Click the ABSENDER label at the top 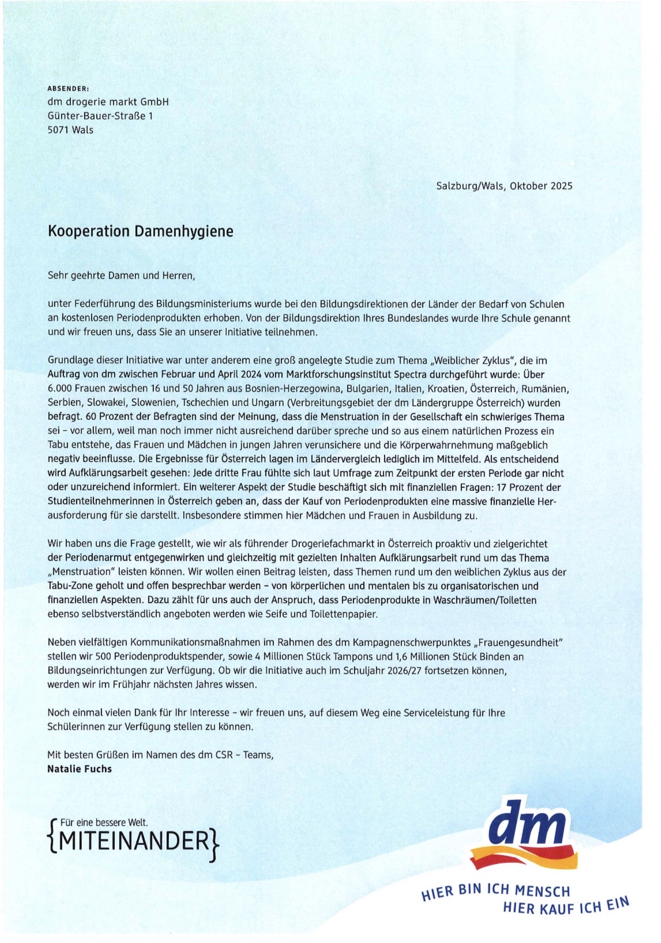pos(68,89)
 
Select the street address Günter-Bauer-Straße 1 pos(100,116)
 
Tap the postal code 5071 pos(58,130)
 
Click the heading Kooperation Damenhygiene pos(140,231)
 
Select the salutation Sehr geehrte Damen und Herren pos(121,275)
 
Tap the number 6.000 pos(60,389)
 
